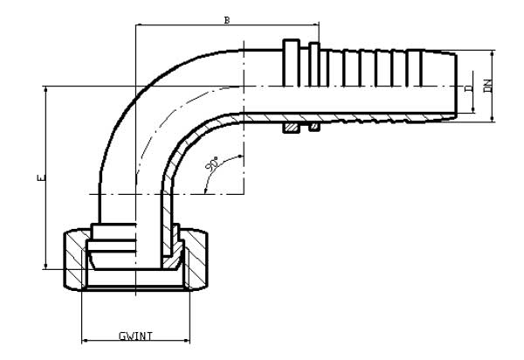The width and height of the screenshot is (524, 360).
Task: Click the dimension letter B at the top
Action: point(226,19)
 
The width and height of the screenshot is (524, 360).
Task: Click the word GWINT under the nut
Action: point(135,336)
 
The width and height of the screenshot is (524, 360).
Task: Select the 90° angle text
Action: point(212,165)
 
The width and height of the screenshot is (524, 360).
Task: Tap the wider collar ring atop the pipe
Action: point(292,46)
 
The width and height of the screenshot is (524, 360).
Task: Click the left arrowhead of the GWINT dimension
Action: point(85,341)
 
